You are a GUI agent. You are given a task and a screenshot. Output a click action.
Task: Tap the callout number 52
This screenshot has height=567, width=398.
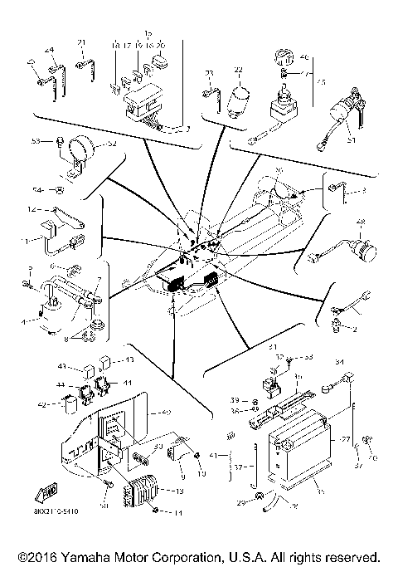[112, 144]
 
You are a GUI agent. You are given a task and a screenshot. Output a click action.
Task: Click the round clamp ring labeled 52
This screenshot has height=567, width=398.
[84, 151]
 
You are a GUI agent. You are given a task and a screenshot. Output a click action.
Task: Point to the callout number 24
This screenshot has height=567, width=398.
[48, 49]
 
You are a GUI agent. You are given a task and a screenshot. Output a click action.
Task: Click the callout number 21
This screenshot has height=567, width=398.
[81, 43]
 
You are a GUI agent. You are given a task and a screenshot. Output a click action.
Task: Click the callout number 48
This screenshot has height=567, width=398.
[360, 222]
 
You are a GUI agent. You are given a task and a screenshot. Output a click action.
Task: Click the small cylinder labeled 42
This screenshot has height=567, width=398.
[72, 403]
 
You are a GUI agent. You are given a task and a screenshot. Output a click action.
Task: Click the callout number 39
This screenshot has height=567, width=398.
[235, 399]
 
